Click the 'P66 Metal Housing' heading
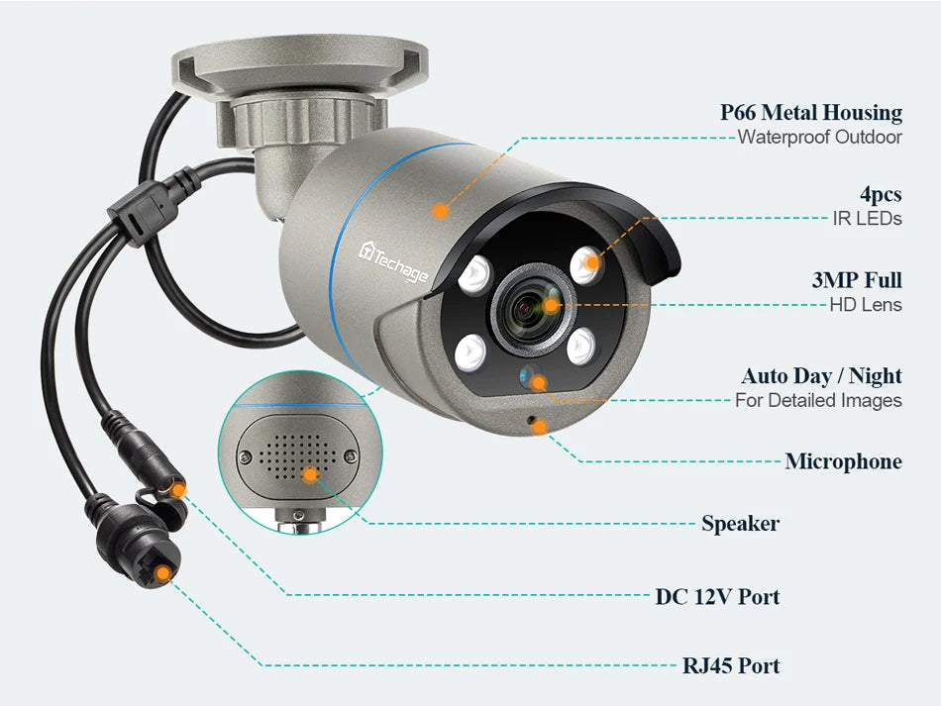810,112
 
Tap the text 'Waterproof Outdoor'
819,138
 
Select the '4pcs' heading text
880,193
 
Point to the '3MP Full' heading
856,280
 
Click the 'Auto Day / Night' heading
821,375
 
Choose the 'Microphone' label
843,460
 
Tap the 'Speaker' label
740,523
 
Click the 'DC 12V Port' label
717,596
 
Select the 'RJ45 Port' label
730,665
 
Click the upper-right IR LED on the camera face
587,262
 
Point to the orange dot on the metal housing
440,210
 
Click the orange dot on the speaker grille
310,475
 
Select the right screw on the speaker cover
349,455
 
